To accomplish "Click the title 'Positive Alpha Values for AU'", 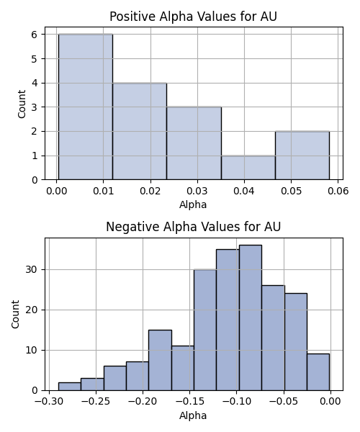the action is tap(193, 17).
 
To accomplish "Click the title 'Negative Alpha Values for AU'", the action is tap(193, 227).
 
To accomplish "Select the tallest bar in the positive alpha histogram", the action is tap(86, 107).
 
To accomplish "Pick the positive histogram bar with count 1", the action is tap(248, 168).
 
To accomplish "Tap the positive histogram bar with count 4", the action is tap(140, 131).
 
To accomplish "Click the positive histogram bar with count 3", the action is tap(194, 143).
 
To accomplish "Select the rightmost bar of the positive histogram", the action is tap(302, 156).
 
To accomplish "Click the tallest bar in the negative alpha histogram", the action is tap(251, 318).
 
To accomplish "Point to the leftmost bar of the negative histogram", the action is tap(70, 386).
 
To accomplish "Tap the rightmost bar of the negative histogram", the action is tap(318, 372).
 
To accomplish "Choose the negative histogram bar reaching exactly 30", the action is tap(205, 330).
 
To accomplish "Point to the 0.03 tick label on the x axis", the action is tap(197, 191).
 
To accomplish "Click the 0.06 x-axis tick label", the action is tap(338, 191).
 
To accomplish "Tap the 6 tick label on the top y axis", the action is tap(34, 35).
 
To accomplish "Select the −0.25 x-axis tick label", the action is tap(96, 401).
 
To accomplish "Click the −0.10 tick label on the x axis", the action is tap(236, 401).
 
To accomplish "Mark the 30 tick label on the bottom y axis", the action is tap(32, 269).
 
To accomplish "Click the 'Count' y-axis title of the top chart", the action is tap(22, 104).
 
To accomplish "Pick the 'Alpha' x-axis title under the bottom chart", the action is tap(193, 415).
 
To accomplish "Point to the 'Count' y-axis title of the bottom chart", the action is tap(15, 315).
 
